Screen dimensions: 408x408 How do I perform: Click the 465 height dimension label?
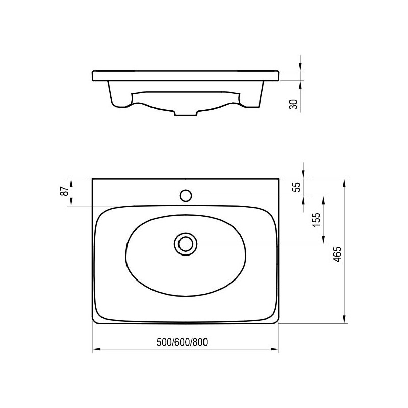[x=337, y=254]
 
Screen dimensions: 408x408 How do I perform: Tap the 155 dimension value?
[x=316, y=220]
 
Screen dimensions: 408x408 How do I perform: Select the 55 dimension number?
[x=297, y=187]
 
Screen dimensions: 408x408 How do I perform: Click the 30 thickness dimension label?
[x=294, y=105]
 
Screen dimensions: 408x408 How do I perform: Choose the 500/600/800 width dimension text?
[x=182, y=342]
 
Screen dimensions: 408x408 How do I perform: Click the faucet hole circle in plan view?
[x=186, y=196]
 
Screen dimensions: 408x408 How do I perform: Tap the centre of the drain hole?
[x=186, y=244]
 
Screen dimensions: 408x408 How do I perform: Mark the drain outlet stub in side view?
[x=186, y=113]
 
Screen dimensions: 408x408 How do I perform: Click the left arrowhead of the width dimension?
[x=96, y=349]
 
